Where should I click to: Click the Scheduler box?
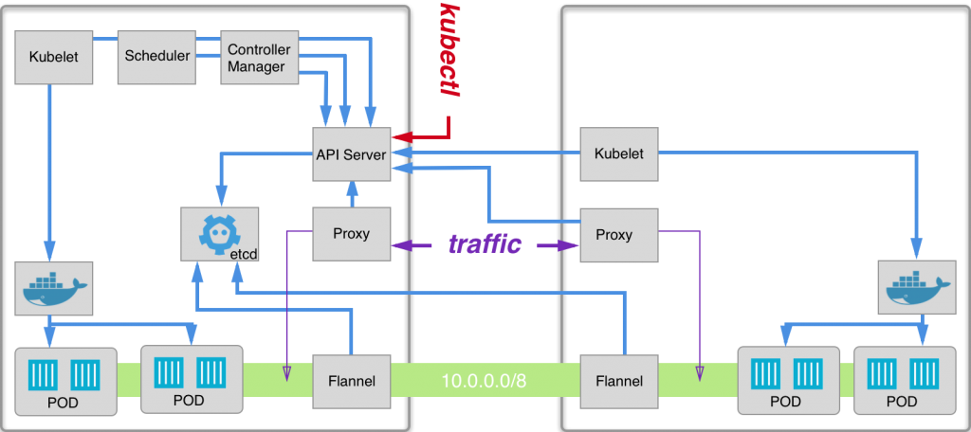tap(156, 56)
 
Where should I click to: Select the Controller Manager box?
tap(259, 56)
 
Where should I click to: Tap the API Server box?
tap(352, 153)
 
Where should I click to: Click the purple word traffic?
tap(485, 244)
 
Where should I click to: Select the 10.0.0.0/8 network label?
tap(485, 382)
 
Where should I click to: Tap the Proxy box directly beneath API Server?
tap(352, 234)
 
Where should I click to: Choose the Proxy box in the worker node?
tap(619, 234)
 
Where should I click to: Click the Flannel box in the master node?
tap(352, 382)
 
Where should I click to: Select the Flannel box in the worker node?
tap(619, 382)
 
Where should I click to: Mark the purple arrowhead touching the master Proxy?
tap(399, 245)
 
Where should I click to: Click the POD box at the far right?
tap(902, 380)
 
